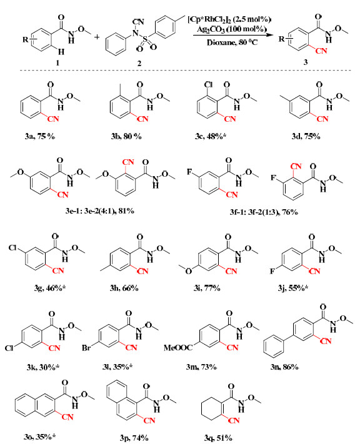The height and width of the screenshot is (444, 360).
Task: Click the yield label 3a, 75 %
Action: (x=39, y=137)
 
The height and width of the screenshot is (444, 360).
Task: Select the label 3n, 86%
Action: (x=284, y=367)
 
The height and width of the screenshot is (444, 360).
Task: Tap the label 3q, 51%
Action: (x=218, y=438)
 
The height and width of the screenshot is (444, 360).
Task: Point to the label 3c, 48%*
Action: (x=211, y=137)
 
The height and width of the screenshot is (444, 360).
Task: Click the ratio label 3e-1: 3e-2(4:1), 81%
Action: (x=99, y=211)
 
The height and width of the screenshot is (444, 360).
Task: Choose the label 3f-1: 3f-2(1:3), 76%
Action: (x=264, y=212)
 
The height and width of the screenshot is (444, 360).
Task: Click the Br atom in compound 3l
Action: (x=86, y=348)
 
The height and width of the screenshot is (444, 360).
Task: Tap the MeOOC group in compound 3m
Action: (x=178, y=347)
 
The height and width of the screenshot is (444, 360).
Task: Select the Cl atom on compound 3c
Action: (x=208, y=85)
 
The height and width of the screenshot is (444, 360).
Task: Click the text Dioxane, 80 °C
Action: (x=232, y=42)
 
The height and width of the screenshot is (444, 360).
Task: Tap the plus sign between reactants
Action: (x=97, y=37)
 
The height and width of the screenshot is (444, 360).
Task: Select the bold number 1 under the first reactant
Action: (x=57, y=62)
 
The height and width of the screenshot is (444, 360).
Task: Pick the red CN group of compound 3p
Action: (x=149, y=420)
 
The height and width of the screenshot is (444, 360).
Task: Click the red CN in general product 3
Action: (x=321, y=51)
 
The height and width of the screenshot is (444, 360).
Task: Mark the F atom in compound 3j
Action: (x=272, y=272)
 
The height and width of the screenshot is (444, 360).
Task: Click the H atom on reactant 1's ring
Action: (x=61, y=52)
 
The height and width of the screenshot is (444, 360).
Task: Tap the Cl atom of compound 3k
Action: (x=9, y=348)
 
